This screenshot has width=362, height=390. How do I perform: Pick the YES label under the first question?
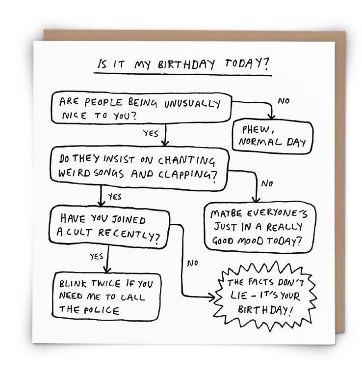point(150,133)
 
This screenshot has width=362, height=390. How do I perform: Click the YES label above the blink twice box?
point(96,256)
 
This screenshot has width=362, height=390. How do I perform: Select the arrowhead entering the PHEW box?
point(271,117)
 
